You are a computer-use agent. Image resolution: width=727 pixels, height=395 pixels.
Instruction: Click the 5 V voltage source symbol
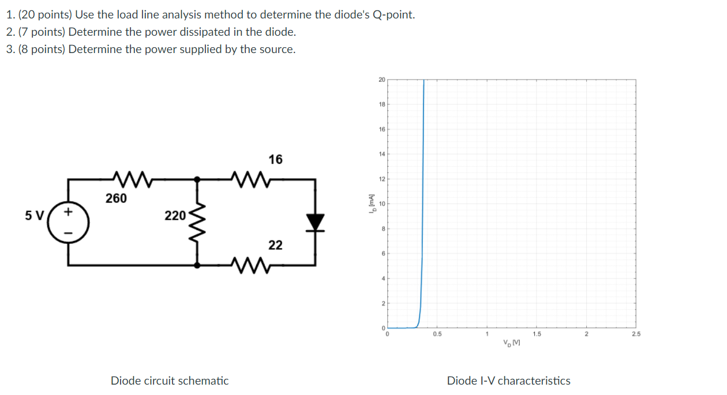[69, 222]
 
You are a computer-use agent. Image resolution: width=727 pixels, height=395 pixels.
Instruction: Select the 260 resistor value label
[116, 198]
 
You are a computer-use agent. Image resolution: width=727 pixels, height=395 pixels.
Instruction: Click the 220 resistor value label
[174, 216]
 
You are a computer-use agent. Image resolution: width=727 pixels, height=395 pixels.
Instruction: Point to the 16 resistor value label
[276, 159]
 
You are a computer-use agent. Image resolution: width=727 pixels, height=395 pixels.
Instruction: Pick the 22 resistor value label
[275, 245]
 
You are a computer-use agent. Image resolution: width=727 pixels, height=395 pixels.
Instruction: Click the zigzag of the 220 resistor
[198, 222]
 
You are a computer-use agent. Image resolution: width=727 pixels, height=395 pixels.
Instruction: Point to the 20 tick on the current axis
[381, 80]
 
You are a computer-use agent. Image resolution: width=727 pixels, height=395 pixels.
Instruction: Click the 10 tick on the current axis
[381, 204]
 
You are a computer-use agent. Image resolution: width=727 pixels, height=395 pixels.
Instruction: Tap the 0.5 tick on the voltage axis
[437, 334]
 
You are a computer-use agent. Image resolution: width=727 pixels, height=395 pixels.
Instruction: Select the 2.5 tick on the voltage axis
[636, 334]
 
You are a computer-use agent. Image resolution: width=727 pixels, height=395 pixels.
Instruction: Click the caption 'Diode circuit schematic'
[170, 381]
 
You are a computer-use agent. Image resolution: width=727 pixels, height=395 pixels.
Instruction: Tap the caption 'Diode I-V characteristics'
[508, 381]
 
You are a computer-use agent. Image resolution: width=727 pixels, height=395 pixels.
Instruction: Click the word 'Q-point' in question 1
[392, 15]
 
